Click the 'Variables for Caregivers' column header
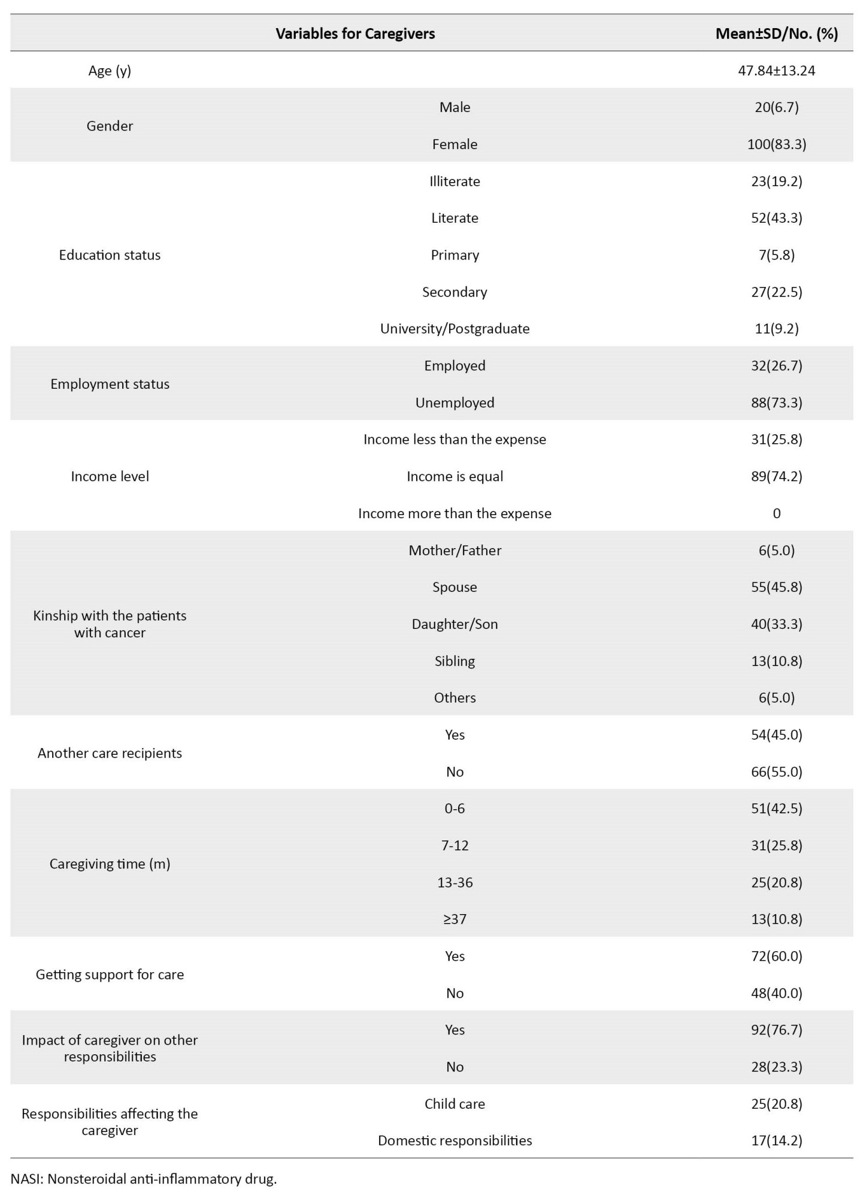coord(355,34)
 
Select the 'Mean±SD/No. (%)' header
coord(776,34)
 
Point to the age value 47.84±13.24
coord(776,71)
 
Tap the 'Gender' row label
coord(110,126)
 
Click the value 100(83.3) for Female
coord(776,144)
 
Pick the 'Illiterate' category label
coord(455,181)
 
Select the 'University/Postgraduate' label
coord(455,329)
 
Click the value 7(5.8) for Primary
coord(776,255)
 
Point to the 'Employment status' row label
coord(110,384)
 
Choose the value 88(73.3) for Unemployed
coord(776,403)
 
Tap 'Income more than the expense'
coord(455,513)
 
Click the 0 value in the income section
coord(776,513)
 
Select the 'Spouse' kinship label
coord(455,587)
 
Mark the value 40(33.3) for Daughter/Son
coord(776,624)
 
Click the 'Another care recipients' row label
coord(110,753)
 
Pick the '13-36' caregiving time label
coord(455,882)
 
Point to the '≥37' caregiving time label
coord(455,919)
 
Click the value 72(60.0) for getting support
coord(776,956)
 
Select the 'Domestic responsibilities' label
coord(455,1140)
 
